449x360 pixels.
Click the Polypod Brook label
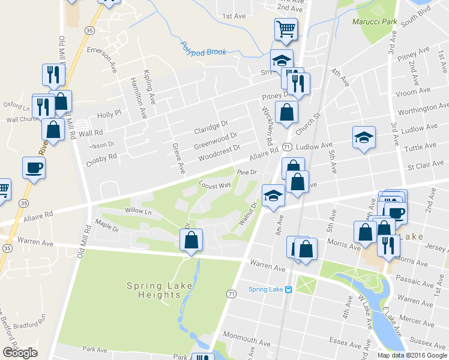tap(203, 52)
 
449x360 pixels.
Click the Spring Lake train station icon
tap(289, 290)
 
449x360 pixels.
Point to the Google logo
tap(20, 353)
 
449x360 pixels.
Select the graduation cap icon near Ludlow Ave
tap(364, 137)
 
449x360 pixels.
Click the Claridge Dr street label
tap(211, 127)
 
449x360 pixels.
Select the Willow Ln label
tap(137, 211)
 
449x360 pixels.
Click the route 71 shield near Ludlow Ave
tap(287, 148)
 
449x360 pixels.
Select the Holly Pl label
tap(109, 112)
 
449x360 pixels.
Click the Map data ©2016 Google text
tap(413, 355)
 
